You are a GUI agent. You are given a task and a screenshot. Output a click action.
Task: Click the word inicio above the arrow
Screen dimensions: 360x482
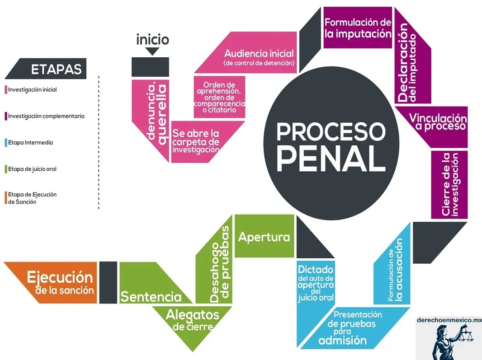[x=152, y=40]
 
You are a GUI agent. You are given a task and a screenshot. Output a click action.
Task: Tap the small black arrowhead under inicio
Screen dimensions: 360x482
[x=152, y=51]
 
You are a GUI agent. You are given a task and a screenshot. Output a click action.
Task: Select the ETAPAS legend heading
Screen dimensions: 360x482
[x=56, y=69]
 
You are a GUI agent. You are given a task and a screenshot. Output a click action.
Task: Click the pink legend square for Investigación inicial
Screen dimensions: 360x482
[x=6, y=90]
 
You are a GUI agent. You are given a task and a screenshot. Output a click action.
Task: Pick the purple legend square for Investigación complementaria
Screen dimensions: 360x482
[x=6, y=116]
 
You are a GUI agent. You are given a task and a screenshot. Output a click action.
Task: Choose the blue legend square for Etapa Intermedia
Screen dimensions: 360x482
[x=6, y=143]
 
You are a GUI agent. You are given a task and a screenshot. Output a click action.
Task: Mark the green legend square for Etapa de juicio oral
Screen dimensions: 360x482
[x=6, y=169]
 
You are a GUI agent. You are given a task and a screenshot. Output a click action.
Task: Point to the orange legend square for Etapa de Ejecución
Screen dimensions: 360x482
[x=6, y=198]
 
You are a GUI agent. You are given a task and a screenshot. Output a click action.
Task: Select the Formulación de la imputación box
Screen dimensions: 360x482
[x=357, y=28]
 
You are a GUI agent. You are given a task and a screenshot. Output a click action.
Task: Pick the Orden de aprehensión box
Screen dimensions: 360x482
[x=219, y=97]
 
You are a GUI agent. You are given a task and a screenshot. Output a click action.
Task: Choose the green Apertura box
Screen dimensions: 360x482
[x=264, y=237]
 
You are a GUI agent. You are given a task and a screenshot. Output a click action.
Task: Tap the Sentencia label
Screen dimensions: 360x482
[x=150, y=296]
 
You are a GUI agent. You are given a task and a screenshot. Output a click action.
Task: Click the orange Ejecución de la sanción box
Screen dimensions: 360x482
[x=60, y=282]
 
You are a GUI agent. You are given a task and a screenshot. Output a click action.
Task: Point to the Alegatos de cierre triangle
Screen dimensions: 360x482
[x=192, y=319]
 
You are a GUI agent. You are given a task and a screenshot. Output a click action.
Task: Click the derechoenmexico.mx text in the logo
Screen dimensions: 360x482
[x=449, y=320]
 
